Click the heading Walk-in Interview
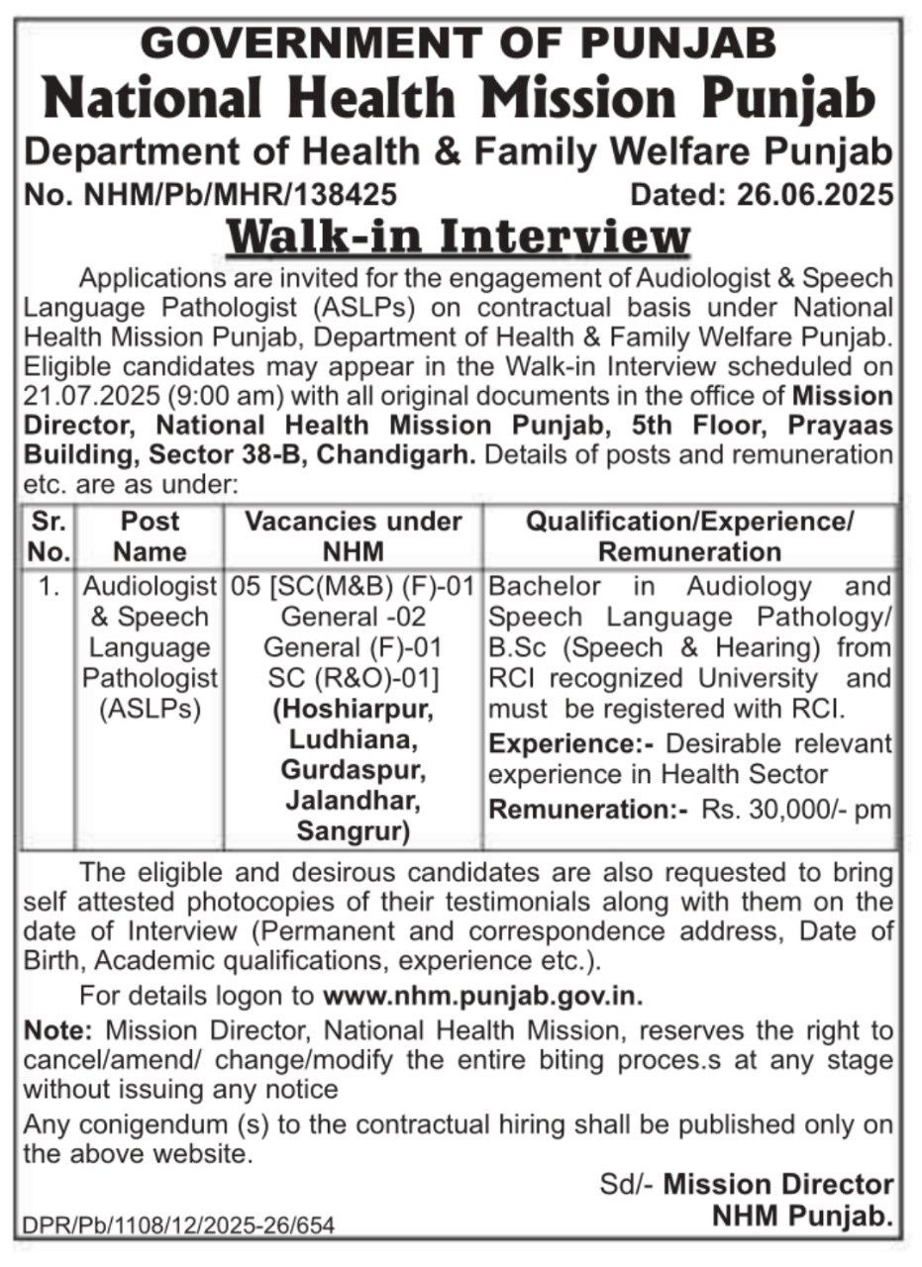point(459,238)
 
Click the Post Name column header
point(150,536)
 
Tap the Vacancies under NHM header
point(354,536)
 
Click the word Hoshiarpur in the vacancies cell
point(355,711)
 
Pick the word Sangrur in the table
point(354,832)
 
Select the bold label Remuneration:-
point(589,809)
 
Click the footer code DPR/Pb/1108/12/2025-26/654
point(178,1225)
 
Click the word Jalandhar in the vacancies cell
point(354,802)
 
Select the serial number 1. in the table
point(48,586)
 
